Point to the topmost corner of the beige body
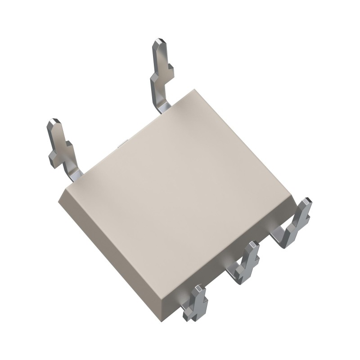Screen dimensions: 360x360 point(194,90)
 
